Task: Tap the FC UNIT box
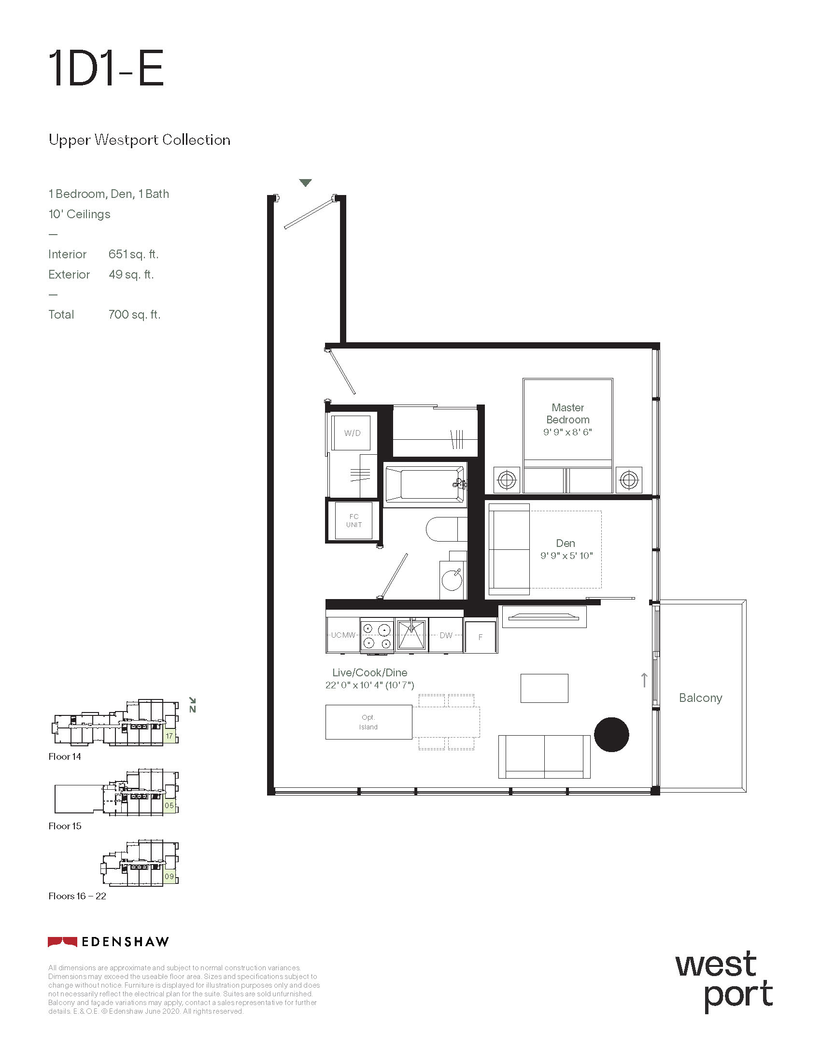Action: click(x=354, y=521)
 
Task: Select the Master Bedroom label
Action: click(x=567, y=413)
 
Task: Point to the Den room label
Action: click(x=566, y=543)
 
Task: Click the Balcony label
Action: click(x=700, y=698)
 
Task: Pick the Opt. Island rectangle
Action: click(x=368, y=722)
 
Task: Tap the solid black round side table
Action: click(x=611, y=735)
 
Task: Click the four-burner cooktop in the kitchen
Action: click(x=377, y=635)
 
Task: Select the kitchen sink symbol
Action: click(x=411, y=635)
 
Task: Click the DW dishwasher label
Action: click(x=446, y=635)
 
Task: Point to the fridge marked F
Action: click(x=481, y=637)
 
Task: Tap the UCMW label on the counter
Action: click(x=343, y=635)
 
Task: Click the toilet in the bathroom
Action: click(x=447, y=529)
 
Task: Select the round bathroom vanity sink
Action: click(x=452, y=580)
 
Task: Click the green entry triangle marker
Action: click(x=305, y=183)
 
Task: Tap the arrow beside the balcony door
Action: click(x=644, y=680)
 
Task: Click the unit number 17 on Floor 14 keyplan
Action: click(x=169, y=736)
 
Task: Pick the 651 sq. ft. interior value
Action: click(x=133, y=254)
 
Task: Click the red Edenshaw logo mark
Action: click(x=62, y=942)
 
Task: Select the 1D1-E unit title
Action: click(x=106, y=69)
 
